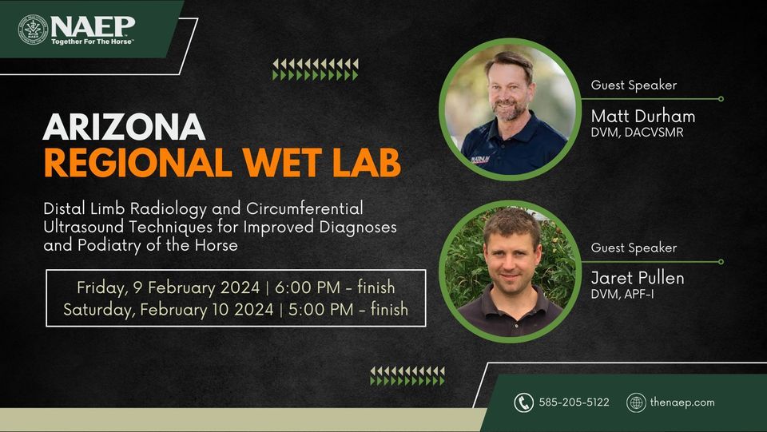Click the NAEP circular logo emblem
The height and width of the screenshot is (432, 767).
[33, 29]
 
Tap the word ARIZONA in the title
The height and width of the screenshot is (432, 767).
[124, 127]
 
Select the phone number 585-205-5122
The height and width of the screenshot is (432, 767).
[574, 402]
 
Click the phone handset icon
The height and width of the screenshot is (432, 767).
[523, 402]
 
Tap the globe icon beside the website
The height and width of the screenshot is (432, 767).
[636, 402]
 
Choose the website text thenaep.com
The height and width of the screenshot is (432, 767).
[683, 402]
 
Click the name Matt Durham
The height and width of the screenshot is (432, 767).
[642, 117]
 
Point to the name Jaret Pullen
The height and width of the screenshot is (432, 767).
[638, 279]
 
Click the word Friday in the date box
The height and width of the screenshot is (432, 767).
[100, 287]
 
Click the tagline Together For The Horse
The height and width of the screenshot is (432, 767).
[92, 41]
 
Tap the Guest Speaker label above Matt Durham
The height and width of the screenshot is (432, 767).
[634, 85]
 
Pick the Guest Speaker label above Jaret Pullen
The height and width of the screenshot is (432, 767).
[634, 248]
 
